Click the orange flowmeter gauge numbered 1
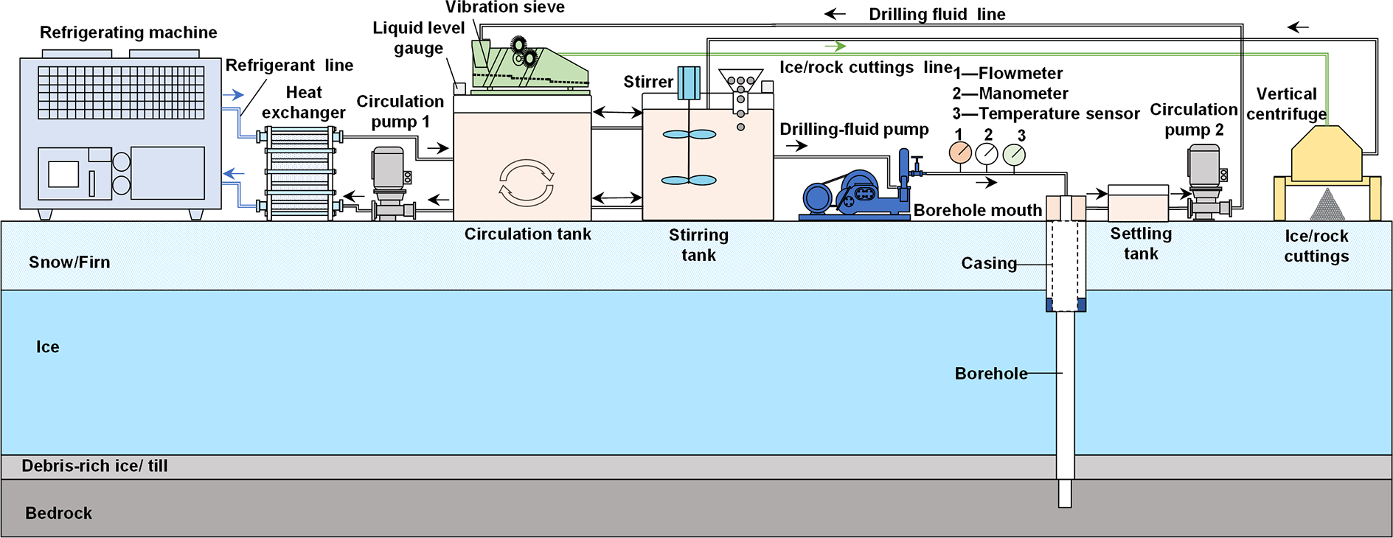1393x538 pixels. [960, 153]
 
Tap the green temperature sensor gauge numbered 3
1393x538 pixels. [1014, 155]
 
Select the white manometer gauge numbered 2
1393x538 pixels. [987, 154]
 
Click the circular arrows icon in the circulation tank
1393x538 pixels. [527, 183]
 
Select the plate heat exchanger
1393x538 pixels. [299, 173]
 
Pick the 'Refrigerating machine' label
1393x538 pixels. [128, 32]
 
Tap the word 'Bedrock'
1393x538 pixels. [59, 513]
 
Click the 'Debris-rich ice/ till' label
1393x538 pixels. [95, 466]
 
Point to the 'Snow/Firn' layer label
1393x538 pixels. [69, 262]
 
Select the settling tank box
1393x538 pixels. [1138, 203]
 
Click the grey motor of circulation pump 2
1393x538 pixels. [1204, 166]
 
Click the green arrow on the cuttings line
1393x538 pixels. [835, 46]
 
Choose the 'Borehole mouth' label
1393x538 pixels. [978, 211]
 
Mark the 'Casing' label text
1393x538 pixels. [989, 263]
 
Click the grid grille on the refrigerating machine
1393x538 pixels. [121, 93]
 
